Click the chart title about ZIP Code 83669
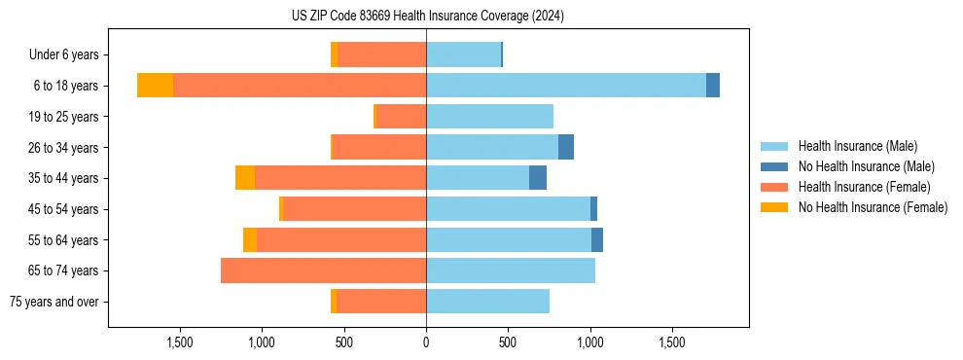pos(427,17)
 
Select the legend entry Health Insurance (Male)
pos(857,146)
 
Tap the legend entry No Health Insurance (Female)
pos(873,207)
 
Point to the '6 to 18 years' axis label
pos(66,86)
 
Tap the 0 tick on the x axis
pos(426,342)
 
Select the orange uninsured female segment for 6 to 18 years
pos(155,86)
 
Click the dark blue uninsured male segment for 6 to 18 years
pos(713,86)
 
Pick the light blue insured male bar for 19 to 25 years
pos(489,117)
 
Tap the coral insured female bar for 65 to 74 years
pos(323,270)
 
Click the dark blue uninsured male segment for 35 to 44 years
pos(538,178)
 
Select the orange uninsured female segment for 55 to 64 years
pos(250,239)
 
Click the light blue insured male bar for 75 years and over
pos(487,302)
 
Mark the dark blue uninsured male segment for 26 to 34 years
pos(566,147)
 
